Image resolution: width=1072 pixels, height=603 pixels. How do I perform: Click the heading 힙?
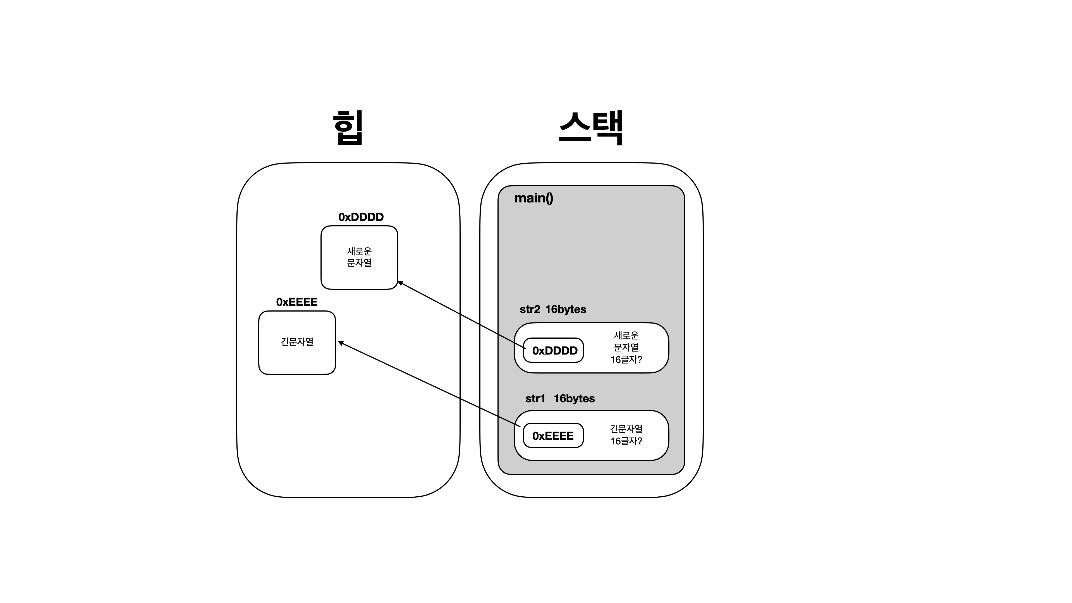point(348,128)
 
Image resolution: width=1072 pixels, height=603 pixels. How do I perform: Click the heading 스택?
point(591,128)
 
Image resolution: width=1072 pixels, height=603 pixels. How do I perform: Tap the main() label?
point(533,198)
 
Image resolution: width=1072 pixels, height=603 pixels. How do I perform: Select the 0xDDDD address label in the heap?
point(361,217)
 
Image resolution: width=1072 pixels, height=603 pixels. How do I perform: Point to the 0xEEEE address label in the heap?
point(297,302)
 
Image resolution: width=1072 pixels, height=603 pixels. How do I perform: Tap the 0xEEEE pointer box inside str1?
point(553,436)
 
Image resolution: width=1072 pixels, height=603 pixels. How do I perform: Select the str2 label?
point(530,310)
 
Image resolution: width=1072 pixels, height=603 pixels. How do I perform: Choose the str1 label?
point(535,399)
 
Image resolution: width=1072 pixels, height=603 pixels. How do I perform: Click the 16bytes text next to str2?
point(566,310)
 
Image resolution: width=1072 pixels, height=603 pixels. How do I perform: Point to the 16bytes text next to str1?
point(574,399)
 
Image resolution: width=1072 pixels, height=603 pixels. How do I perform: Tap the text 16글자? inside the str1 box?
point(626,441)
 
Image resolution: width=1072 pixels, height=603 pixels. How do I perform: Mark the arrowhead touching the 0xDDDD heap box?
point(400,283)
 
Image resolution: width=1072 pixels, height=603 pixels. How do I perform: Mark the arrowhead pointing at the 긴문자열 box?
point(340,343)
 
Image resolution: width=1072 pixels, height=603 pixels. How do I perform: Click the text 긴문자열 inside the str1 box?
point(626,429)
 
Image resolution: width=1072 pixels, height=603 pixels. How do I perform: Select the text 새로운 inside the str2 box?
point(626,335)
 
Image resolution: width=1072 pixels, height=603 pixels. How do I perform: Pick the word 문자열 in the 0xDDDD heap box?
point(359,263)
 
